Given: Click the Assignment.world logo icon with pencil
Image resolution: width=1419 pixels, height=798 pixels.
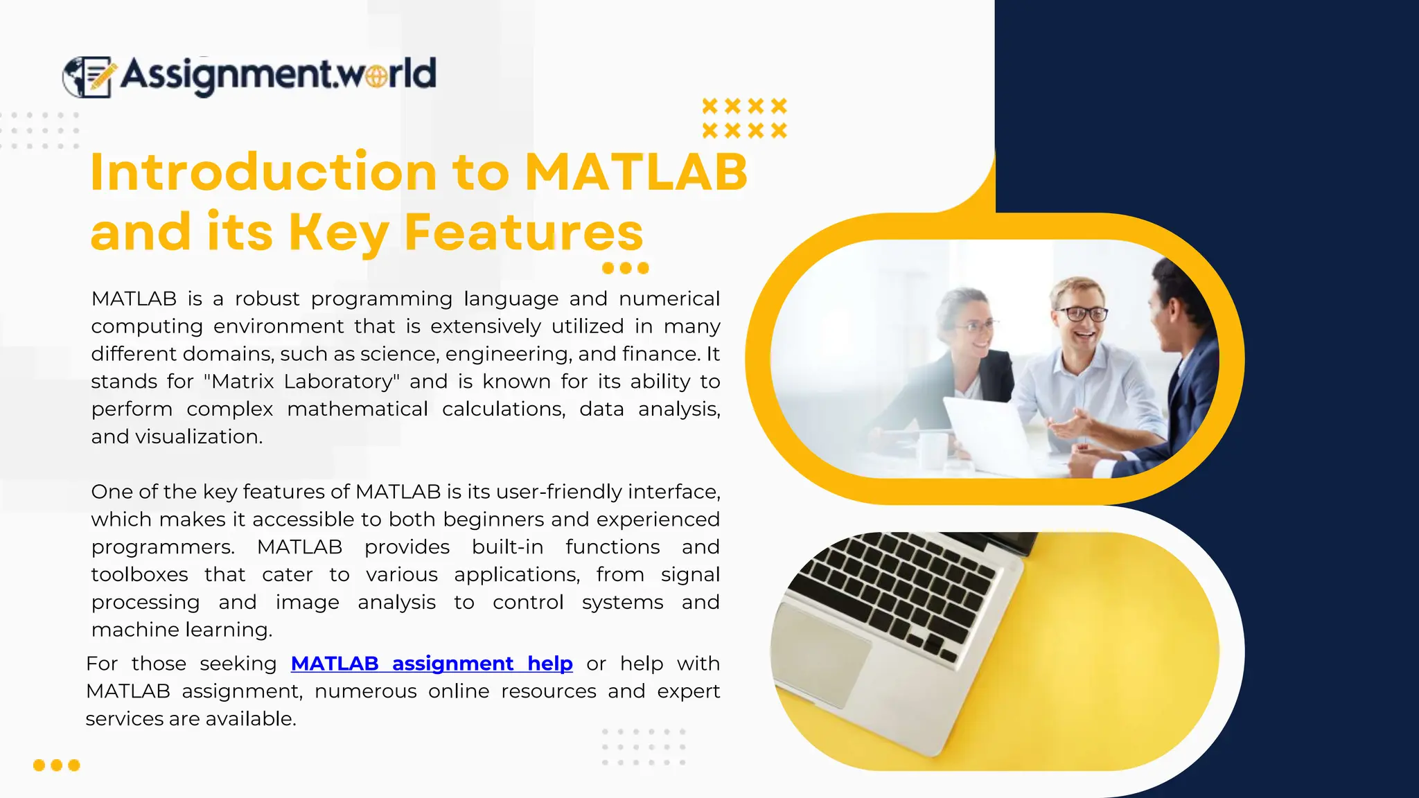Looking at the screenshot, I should (88, 76).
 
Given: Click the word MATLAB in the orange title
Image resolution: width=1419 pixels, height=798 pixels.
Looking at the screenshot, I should (636, 172).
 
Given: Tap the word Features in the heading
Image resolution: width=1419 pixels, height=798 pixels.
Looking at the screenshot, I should (523, 232).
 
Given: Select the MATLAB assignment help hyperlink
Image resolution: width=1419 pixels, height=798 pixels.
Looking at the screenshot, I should (431, 664).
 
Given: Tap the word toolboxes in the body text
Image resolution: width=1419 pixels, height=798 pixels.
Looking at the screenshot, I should (139, 575).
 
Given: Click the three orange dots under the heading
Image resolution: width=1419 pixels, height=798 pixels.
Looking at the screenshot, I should (625, 268).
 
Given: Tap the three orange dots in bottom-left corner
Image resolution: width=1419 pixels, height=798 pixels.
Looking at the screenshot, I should (57, 765).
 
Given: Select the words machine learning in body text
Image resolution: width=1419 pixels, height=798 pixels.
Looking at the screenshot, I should (181, 630).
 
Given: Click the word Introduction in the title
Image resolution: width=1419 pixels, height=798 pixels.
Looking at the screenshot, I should (263, 172).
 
